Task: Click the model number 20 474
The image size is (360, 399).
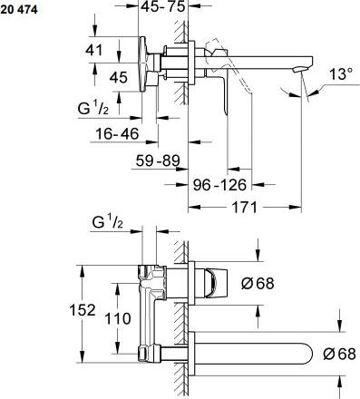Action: point(20,9)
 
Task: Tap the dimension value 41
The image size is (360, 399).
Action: point(93,51)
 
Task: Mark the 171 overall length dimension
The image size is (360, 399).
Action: point(240,207)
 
